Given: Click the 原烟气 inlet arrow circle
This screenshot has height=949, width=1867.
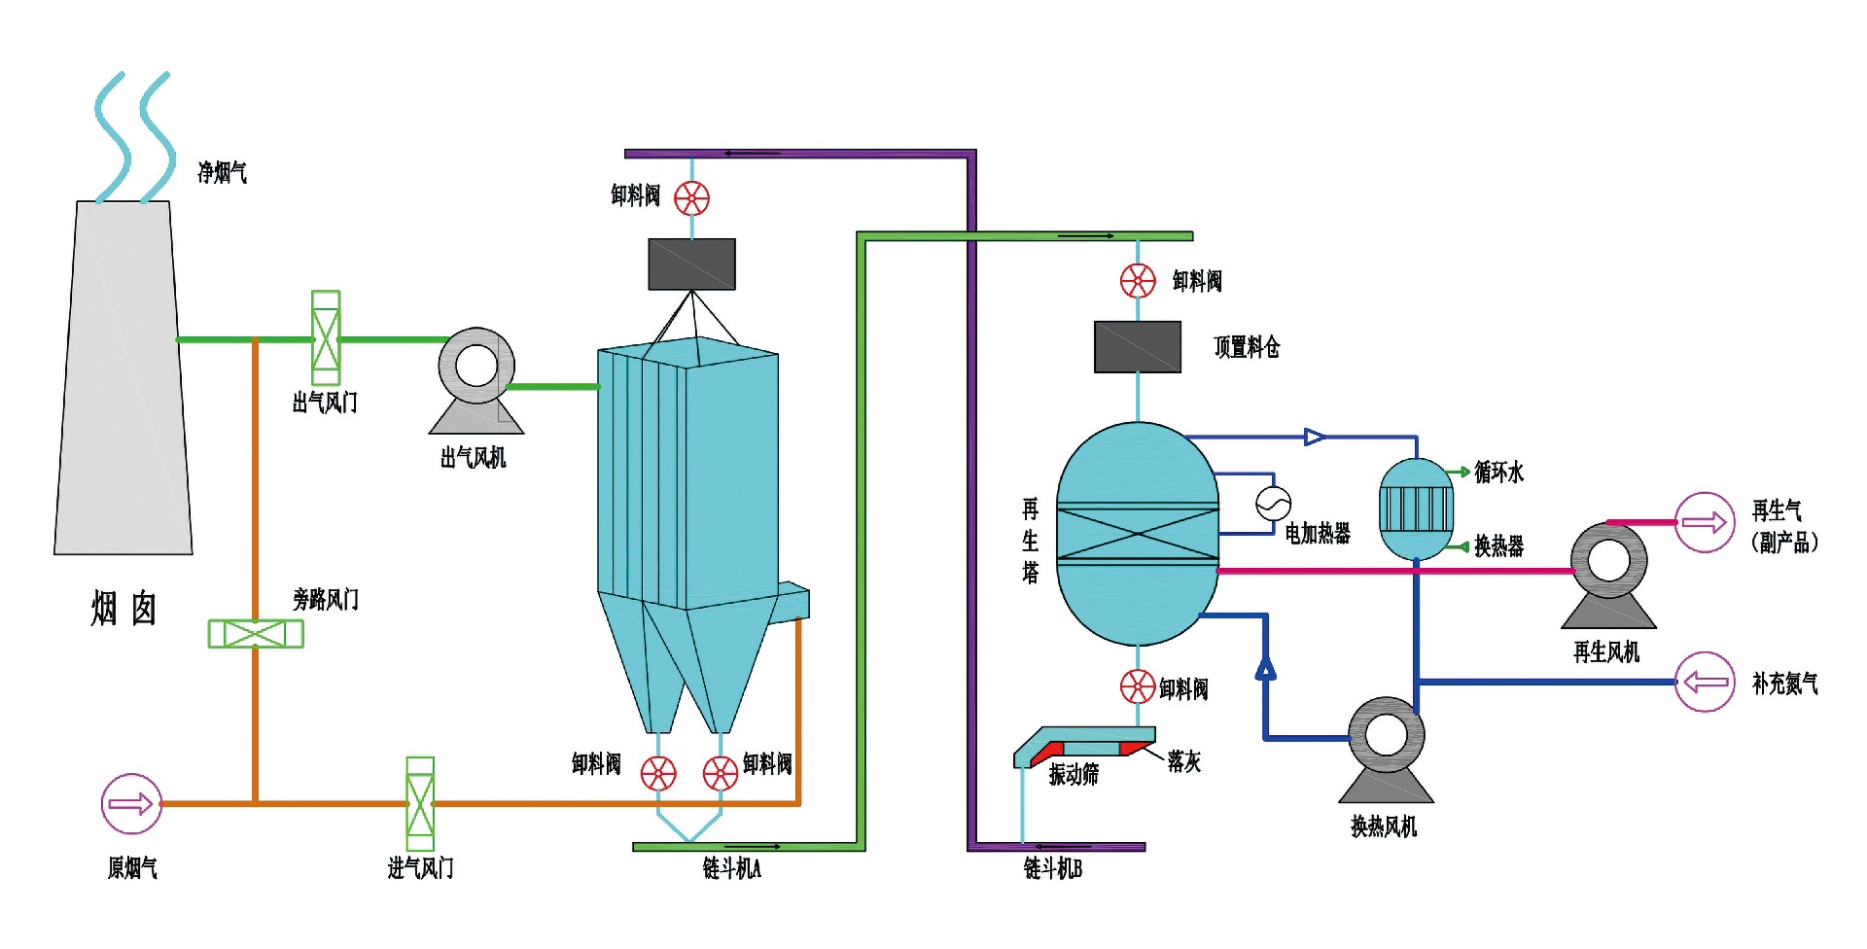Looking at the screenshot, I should [131, 804].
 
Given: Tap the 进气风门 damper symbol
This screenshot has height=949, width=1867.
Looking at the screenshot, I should [420, 803].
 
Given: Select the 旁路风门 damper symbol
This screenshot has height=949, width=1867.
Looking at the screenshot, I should [256, 634].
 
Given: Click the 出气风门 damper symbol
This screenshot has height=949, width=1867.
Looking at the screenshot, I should [326, 337].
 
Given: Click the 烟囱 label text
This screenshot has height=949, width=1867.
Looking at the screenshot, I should [123, 609].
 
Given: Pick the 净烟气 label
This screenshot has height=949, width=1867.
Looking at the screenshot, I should [223, 173].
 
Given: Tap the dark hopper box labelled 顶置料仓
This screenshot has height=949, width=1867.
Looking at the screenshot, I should [1138, 347].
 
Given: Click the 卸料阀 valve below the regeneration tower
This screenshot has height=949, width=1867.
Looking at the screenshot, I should [1138, 686].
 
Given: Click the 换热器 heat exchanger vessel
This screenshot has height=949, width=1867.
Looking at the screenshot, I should [1417, 509].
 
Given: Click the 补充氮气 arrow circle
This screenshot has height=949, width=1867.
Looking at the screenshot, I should [1705, 683].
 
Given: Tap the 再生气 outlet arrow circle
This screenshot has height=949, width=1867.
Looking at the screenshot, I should [1705, 523].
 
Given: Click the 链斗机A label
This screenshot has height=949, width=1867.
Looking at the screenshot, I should [732, 868].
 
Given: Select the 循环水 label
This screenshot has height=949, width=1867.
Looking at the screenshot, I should [1499, 473].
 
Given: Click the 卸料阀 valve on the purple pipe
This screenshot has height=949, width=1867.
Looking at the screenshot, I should [691, 198].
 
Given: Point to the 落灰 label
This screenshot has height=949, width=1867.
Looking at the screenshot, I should [1184, 762].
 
